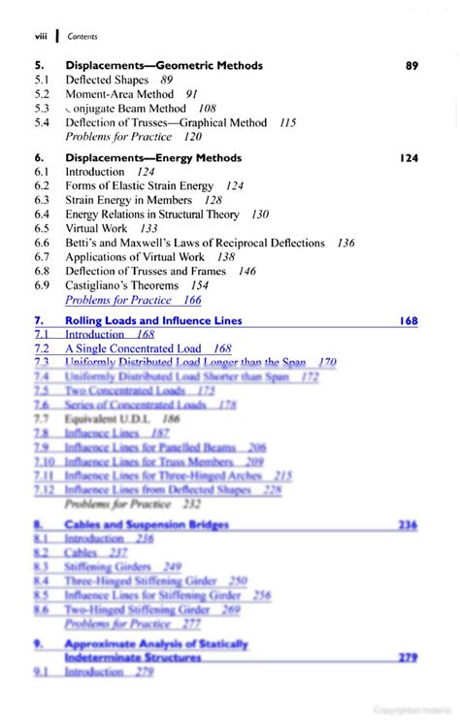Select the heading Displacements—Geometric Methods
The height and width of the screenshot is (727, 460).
[163, 66]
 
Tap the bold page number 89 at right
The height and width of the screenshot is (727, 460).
[411, 66]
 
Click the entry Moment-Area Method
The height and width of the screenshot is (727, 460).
[120, 94]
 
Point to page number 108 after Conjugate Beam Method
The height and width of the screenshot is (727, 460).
[207, 109]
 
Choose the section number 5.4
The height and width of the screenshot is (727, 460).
[41, 123]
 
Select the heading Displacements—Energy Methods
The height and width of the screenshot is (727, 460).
[153, 157]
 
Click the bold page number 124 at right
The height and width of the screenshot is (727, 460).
[409, 157]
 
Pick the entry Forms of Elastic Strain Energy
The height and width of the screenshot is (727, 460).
[141, 185]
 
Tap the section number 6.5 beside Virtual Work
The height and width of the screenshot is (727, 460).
[41, 229]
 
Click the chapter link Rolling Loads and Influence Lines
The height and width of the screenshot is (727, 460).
[153, 320]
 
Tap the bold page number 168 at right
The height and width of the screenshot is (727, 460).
[409, 320]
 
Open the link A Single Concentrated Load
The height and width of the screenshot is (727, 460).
[133, 347]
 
